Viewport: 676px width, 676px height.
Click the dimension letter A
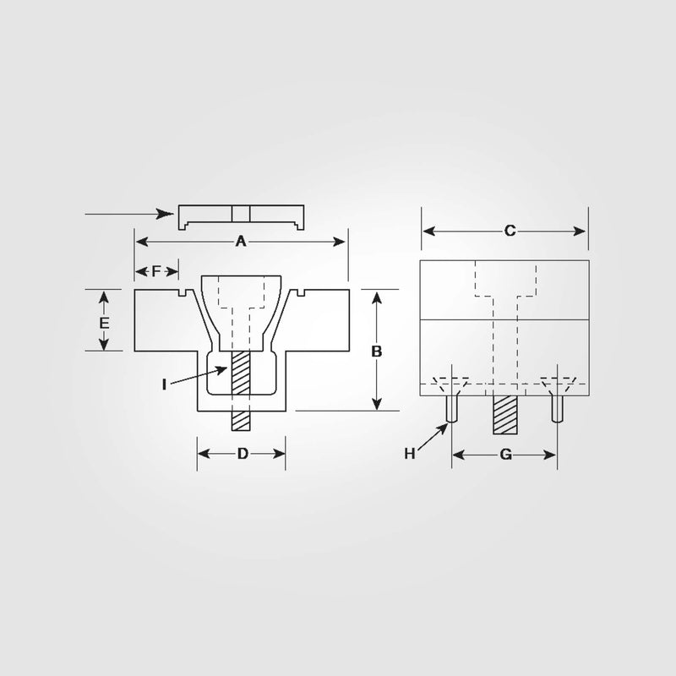[x=240, y=242]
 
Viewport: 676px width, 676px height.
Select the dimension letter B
[x=377, y=351]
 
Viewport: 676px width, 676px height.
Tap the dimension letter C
[x=510, y=231]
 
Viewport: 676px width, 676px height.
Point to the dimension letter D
[x=242, y=454]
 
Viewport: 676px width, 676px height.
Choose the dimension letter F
[x=156, y=271]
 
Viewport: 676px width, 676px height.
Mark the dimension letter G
[x=505, y=455]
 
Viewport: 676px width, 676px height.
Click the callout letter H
[x=410, y=454]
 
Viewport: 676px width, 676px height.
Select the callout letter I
[x=166, y=384]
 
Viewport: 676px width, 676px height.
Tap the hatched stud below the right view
[x=505, y=414]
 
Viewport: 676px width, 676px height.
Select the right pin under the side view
[x=557, y=409]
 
